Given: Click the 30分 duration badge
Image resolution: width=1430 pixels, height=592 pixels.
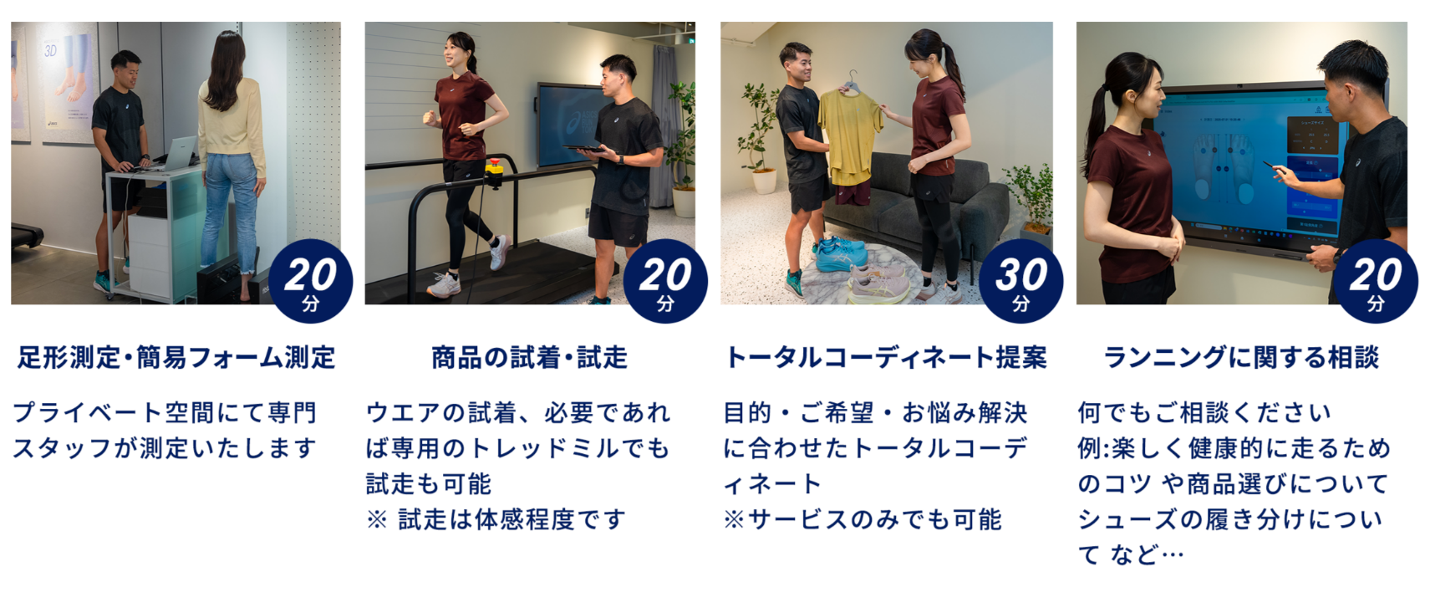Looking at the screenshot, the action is pos(1020,281).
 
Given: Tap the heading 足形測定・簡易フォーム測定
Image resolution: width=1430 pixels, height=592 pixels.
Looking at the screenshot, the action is pos(176,358).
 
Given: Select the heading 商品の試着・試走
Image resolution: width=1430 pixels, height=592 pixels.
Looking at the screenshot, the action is pos(529,358).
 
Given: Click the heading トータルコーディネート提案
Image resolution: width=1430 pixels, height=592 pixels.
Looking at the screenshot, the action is pos(886,358).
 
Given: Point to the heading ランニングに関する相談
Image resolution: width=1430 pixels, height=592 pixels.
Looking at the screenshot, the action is pos(1241,358).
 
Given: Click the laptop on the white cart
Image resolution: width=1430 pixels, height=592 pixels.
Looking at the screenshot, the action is pos(176,153).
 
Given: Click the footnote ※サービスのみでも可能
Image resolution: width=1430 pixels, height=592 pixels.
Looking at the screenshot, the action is pos(863,520).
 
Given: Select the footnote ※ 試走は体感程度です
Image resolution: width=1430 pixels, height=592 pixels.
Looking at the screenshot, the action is pos(496,520).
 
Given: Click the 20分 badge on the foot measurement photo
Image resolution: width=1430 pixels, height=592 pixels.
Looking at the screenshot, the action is pos(310,281).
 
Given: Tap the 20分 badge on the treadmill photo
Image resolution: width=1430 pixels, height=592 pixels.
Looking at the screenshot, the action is pos(665,281).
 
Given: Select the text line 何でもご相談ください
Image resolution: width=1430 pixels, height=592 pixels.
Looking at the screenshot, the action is pos(1204,412).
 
